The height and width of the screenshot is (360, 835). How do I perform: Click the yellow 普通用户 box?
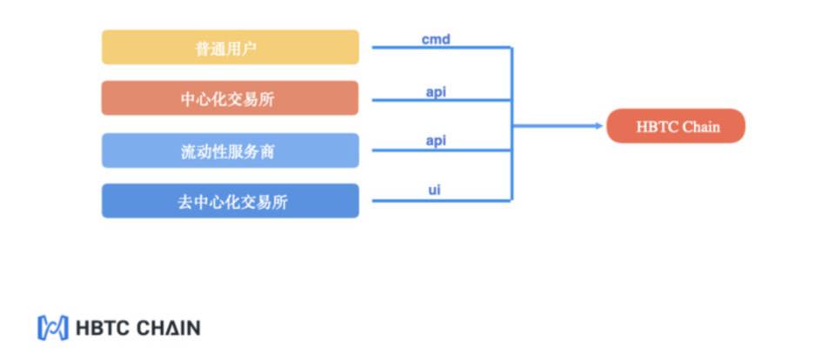click(x=230, y=48)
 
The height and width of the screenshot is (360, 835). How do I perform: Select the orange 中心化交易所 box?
click(x=230, y=98)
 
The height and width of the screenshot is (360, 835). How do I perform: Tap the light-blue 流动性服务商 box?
click(x=230, y=150)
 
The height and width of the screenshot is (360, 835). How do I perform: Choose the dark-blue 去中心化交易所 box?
click(x=230, y=201)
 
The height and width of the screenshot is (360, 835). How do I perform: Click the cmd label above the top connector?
click(x=436, y=39)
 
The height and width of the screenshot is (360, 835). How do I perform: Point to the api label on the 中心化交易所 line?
click(x=436, y=92)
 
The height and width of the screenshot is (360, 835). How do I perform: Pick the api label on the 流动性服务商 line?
click(x=436, y=141)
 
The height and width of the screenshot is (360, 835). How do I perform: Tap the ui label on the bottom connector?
click(x=435, y=189)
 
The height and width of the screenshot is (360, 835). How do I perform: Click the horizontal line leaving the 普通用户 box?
click(x=442, y=48)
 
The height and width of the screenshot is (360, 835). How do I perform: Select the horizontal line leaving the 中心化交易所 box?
click(x=442, y=100)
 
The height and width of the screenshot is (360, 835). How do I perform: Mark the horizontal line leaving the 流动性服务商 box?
click(x=442, y=150)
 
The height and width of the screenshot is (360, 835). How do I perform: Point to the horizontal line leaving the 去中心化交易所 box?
click(x=442, y=201)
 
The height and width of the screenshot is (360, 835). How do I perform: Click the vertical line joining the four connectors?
click(x=511, y=124)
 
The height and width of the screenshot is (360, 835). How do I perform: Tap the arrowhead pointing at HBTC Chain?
click(x=599, y=126)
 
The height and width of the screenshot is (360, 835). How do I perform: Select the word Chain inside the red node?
click(x=701, y=127)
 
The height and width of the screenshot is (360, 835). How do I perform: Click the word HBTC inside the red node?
click(x=658, y=127)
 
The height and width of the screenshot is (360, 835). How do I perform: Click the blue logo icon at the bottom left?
click(x=53, y=328)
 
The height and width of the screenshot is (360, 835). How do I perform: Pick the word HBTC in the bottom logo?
click(x=104, y=328)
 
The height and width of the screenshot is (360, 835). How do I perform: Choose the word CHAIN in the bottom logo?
click(x=168, y=328)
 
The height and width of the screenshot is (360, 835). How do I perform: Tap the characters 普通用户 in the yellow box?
click(x=226, y=49)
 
